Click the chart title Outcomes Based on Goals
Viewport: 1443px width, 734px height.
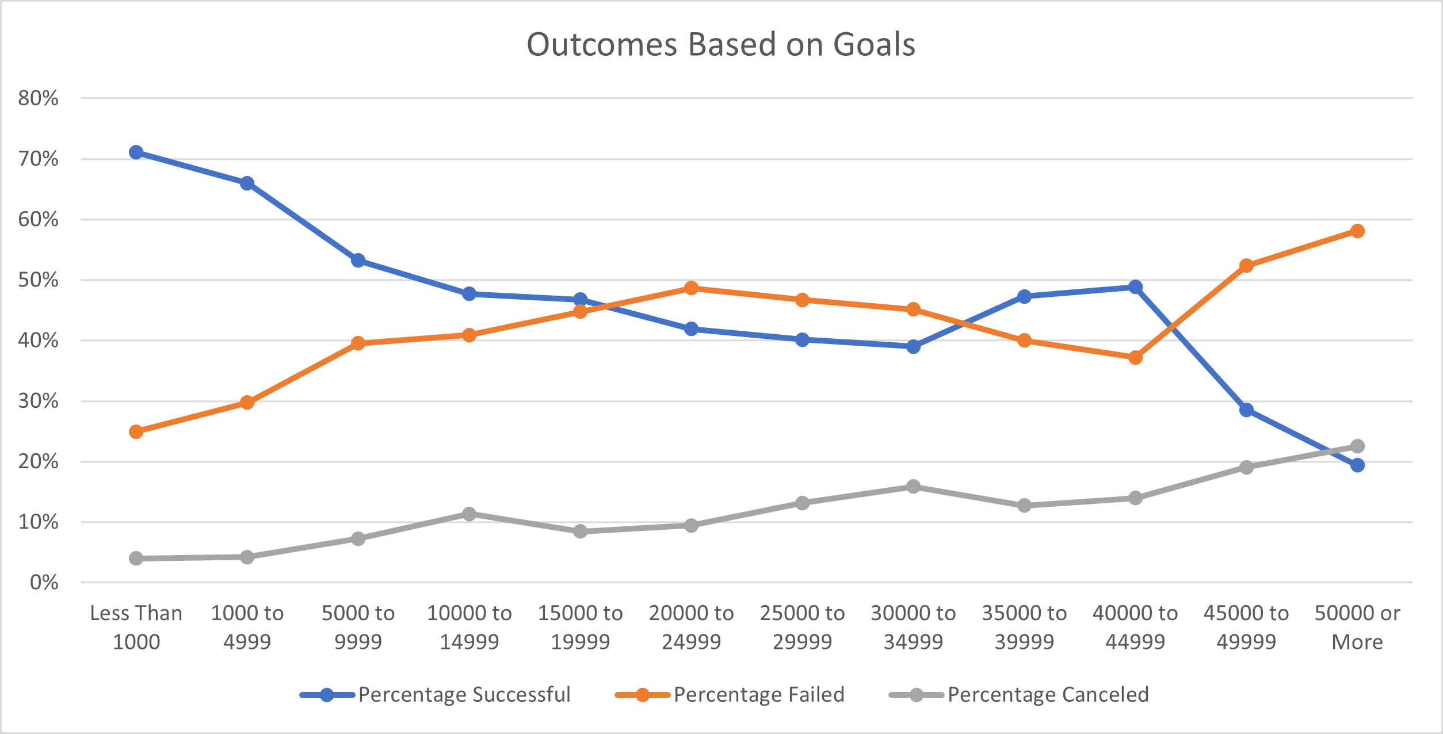[721, 45]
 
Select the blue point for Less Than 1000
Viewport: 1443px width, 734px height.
[136, 152]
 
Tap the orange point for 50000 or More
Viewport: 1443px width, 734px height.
[1357, 231]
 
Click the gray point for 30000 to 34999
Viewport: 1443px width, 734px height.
[913, 487]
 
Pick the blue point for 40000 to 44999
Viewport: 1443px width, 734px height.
[1135, 287]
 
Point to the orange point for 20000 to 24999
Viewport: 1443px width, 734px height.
[692, 288]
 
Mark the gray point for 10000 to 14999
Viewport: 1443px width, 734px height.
[469, 514]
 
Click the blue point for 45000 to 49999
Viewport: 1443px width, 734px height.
[1246, 410]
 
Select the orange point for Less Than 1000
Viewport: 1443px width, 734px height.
[136, 432]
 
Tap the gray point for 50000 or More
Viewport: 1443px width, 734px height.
[1357, 446]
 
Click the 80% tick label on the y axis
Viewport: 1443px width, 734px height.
[38, 98]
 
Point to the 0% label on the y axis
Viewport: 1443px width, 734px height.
[44, 583]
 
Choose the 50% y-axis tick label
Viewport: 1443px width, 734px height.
[38, 280]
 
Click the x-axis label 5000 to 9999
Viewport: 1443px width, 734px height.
[358, 628]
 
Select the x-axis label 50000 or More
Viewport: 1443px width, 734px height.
[1357, 628]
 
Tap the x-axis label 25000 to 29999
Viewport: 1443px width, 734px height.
[802, 628]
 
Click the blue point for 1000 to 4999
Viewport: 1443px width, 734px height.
[247, 183]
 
